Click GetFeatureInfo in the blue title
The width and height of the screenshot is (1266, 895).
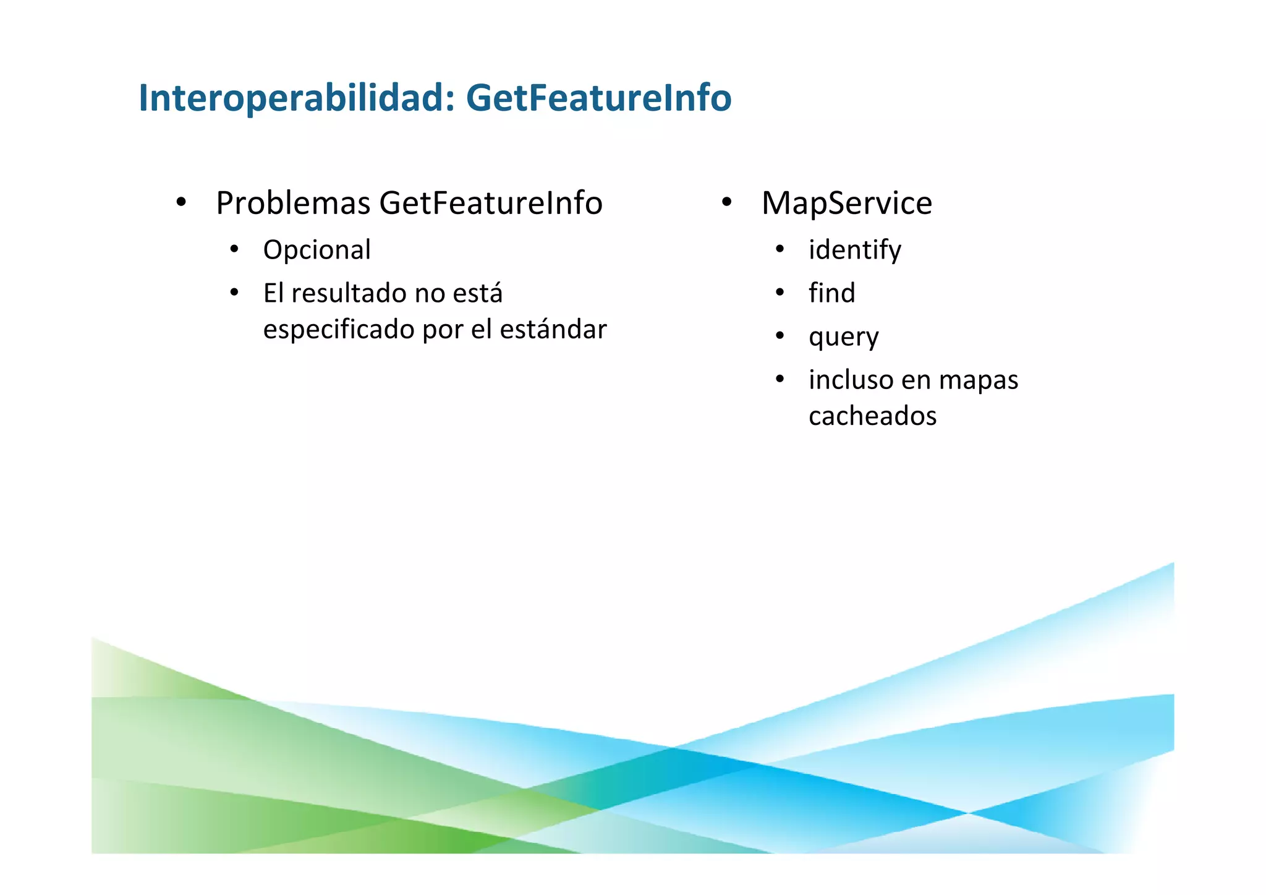pyautogui.click(x=598, y=98)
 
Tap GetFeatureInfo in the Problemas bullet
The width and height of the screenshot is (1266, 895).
pyautogui.click(x=491, y=203)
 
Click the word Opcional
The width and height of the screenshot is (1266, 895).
pyautogui.click(x=316, y=251)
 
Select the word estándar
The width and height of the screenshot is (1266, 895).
pyautogui.click(x=553, y=329)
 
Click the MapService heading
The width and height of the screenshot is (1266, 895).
pyautogui.click(x=846, y=203)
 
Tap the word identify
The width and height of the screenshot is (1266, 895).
pyautogui.click(x=855, y=251)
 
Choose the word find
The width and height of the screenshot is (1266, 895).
pyautogui.click(x=831, y=293)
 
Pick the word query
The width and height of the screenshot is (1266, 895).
pyautogui.click(x=843, y=338)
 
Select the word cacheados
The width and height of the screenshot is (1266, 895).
pyautogui.click(x=872, y=416)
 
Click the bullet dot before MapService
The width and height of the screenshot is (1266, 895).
pyautogui.click(x=726, y=202)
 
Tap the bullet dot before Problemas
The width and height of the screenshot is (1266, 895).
pyautogui.click(x=181, y=202)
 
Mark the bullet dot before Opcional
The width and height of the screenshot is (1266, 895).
pyautogui.click(x=234, y=250)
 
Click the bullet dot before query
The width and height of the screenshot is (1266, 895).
pyautogui.click(x=780, y=336)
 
